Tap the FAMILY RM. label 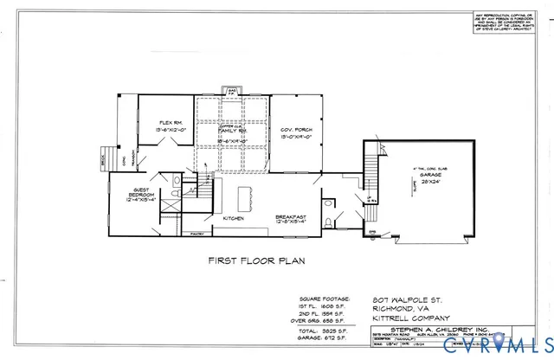[231, 136]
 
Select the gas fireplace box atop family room [232, 91]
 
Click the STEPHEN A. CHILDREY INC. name [406, 329]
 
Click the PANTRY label [196, 233]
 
